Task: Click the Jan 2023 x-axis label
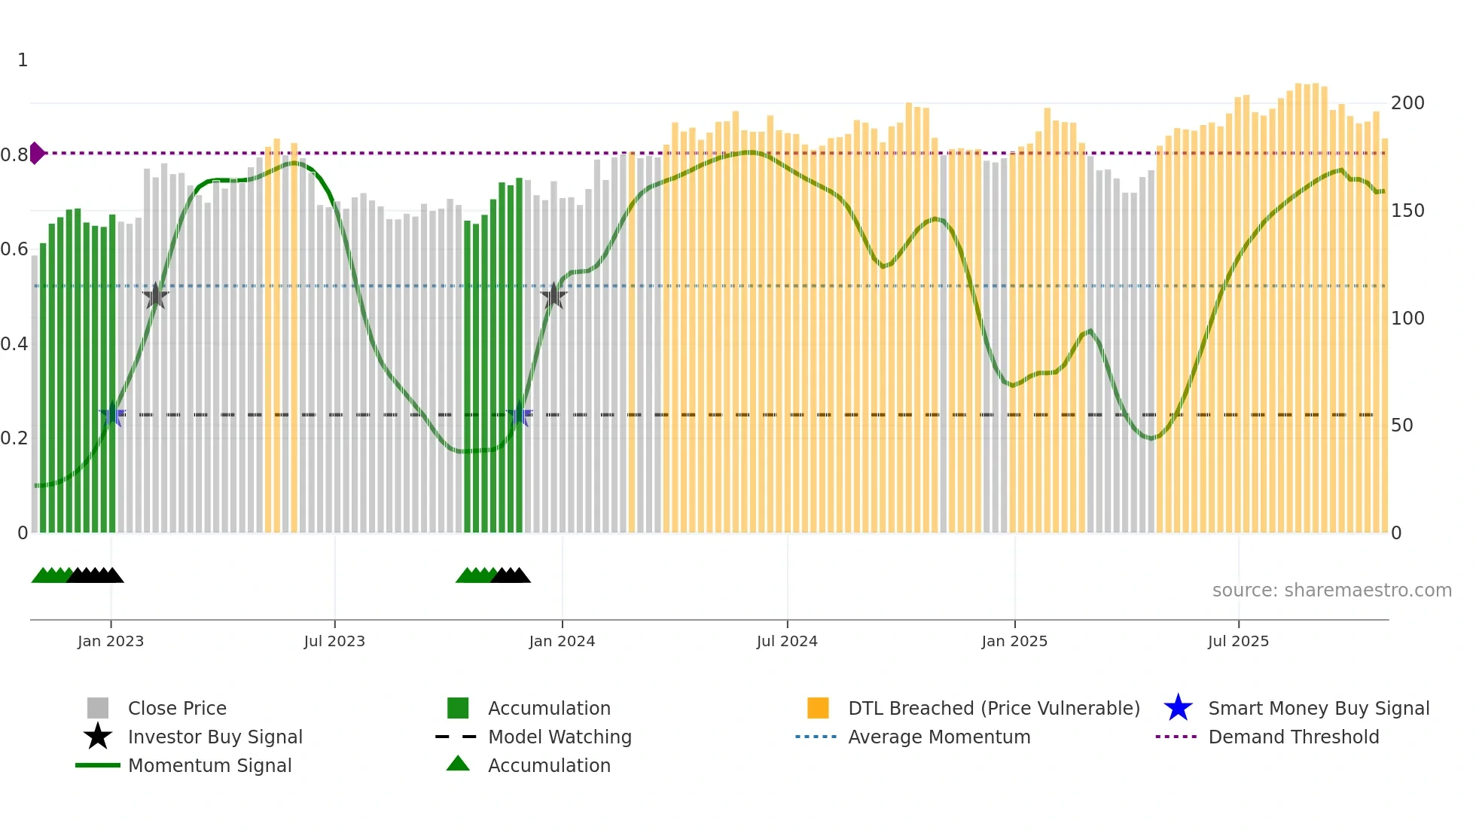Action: [x=111, y=642]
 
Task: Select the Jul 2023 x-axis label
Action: [x=334, y=642]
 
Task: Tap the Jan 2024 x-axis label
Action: [x=562, y=642]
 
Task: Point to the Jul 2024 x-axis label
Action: [x=787, y=642]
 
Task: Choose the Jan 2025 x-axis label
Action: [x=1014, y=642]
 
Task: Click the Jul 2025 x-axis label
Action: [x=1238, y=642]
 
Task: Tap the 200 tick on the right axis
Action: [x=1407, y=103]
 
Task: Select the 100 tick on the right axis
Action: [x=1407, y=319]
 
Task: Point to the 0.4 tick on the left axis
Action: [x=14, y=344]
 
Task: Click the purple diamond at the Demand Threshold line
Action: [x=37, y=153]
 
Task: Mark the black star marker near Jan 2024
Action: [x=553, y=296]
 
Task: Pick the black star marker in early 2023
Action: [x=156, y=296]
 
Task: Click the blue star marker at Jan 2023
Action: [x=112, y=414]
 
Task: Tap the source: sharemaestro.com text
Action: [x=1331, y=590]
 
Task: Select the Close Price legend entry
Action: [x=177, y=709]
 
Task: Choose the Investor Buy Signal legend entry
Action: [x=215, y=737]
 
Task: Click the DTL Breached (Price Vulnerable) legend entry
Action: [x=993, y=709]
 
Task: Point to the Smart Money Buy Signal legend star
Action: [x=1178, y=709]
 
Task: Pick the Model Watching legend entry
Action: [x=559, y=737]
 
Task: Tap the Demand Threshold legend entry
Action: [x=1293, y=737]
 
